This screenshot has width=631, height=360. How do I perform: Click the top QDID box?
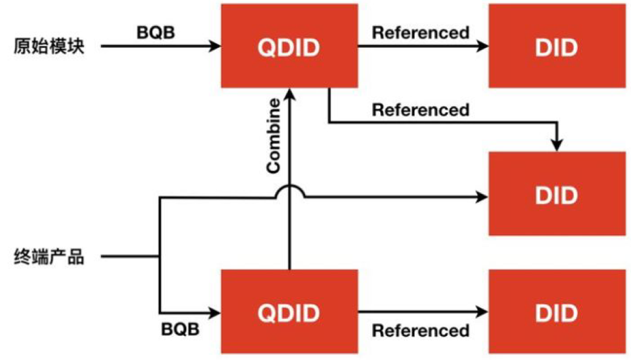[x=289, y=47]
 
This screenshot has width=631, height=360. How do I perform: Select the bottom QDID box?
[x=289, y=311]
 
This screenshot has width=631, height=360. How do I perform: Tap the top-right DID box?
[x=557, y=47]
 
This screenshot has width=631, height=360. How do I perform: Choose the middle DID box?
[x=557, y=193]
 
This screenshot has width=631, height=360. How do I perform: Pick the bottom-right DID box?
[x=557, y=311]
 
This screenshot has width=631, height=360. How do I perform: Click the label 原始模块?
[x=49, y=47]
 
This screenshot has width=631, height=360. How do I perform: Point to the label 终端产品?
[x=49, y=256]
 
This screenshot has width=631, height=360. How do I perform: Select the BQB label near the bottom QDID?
[x=180, y=329]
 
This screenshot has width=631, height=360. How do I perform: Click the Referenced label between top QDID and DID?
[x=421, y=32]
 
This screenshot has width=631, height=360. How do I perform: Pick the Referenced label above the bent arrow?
[x=421, y=110]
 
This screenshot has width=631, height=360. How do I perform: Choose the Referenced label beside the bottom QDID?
[x=421, y=330]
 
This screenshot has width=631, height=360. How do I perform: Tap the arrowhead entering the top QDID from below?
[x=289, y=92]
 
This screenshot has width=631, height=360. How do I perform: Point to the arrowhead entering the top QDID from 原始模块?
[x=215, y=47]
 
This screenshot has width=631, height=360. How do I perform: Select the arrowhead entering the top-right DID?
[x=483, y=47]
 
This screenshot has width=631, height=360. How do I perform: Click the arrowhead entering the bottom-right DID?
[x=483, y=311]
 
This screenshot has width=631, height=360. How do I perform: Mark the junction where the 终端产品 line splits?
[x=161, y=256]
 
